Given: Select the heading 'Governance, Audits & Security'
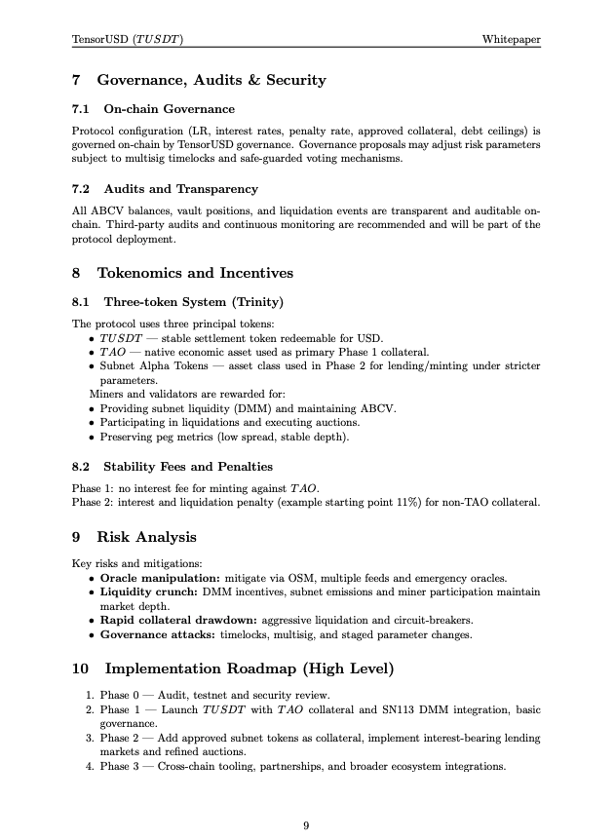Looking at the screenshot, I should pyautogui.click(x=211, y=80).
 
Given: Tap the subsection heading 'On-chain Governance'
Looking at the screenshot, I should pyautogui.click(x=169, y=108).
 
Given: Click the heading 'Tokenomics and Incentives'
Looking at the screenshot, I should pyautogui.click(x=195, y=273).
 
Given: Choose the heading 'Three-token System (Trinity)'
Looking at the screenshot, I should pyautogui.click(x=193, y=301).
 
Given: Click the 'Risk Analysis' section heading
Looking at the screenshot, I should pyautogui.click(x=146, y=537).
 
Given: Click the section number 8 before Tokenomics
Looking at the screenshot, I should pyautogui.click(x=77, y=273).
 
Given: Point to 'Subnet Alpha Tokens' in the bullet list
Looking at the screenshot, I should pyautogui.click(x=149, y=364).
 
